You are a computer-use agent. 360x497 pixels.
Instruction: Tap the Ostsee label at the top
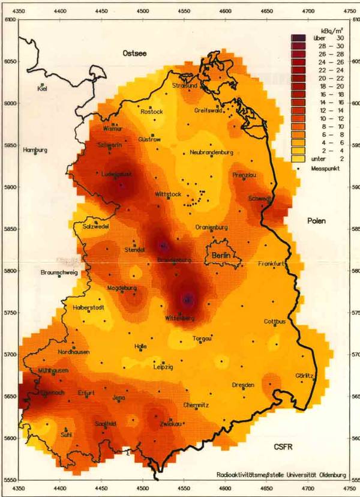pyautogui.click(x=134, y=53)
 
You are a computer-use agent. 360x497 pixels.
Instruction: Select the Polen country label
pyautogui.click(x=317, y=221)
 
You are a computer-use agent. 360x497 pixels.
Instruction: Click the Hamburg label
pyautogui.click(x=35, y=150)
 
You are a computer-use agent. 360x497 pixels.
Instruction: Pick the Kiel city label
pyautogui.click(x=42, y=89)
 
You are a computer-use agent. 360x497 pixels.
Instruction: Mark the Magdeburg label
pyautogui.click(x=122, y=289)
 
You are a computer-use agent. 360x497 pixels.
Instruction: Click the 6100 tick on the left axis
pyautogui.click(x=9, y=20)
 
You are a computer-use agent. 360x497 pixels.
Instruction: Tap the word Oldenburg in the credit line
pyautogui.click(x=330, y=476)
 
